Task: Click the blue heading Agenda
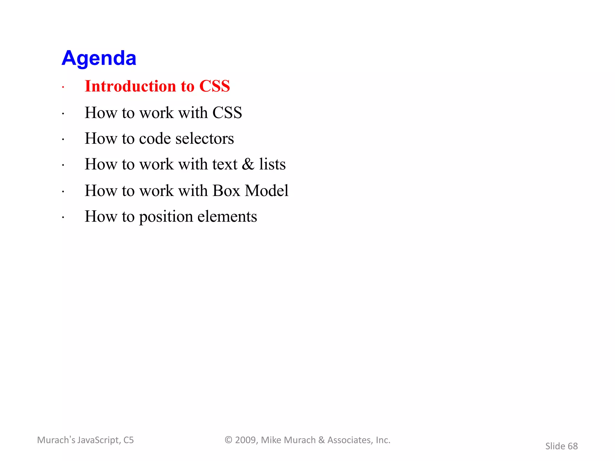click(99, 58)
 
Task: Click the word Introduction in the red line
click(130, 86)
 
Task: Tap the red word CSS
click(214, 86)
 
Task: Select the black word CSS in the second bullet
click(227, 113)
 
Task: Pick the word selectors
click(204, 139)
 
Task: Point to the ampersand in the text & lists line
click(248, 164)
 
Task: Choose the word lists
click(272, 164)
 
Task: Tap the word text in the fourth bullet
click(225, 164)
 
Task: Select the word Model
click(267, 191)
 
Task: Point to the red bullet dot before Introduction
click(63, 88)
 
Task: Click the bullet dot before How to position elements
click(63, 218)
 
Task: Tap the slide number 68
click(573, 446)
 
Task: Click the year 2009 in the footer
click(245, 440)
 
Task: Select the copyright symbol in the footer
click(229, 440)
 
